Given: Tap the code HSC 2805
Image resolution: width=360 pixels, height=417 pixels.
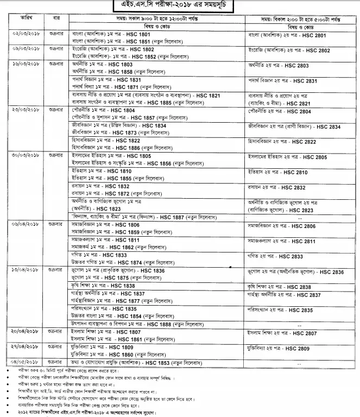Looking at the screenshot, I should point(314,157).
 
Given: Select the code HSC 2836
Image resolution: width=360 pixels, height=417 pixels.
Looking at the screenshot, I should point(331,271).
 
